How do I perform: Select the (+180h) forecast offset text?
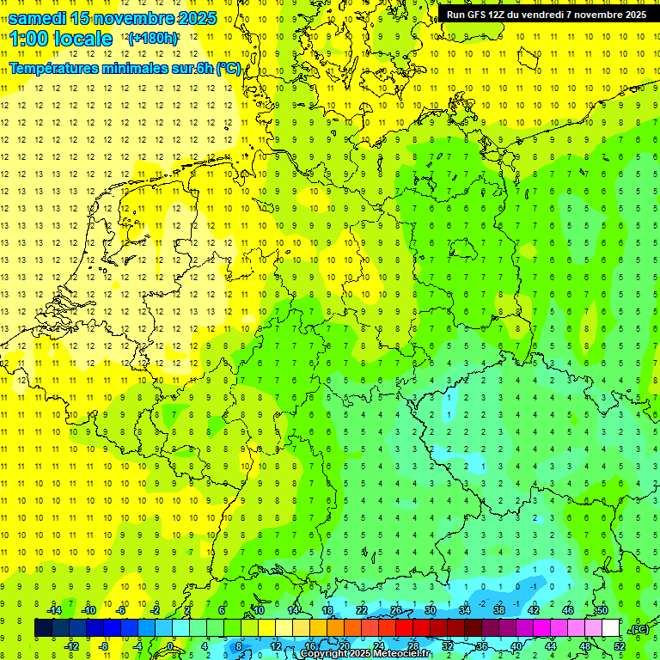coord(153,39)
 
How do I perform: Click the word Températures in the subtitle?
coord(53,69)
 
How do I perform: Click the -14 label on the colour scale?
coord(55,610)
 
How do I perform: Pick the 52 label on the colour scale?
coord(620,646)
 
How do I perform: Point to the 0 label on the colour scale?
coord(170,646)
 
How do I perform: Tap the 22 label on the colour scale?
coord(362,610)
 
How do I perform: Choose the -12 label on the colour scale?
coord(72,646)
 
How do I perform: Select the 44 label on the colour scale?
coord(551,646)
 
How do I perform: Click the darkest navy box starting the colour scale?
coord(43,628)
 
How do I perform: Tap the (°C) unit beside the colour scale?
coord(639,629)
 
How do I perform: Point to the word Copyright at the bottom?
coord(324,654)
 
